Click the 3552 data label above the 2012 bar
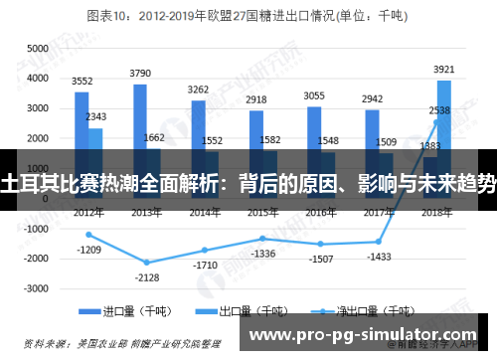pyautogui.click(x=83, y=82)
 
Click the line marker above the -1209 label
pyautogui.click(x=88, y=235)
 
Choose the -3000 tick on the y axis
pyautogui.click(x=34, y=288)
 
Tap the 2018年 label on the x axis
pyautogui.click(x=436, y=213)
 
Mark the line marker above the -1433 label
pyautogui.click(x=379, y=242)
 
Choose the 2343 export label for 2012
pyautogui.click(x=96, y=117)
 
